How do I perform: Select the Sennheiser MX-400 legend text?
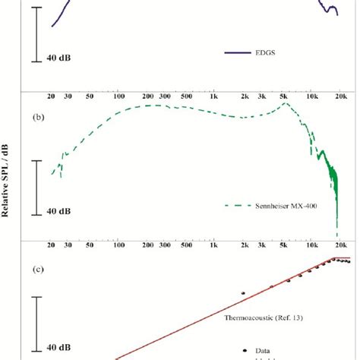[x=266, y=205]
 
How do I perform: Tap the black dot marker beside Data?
[x=244, y=349]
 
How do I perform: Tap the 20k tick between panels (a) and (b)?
[x=341, y=98]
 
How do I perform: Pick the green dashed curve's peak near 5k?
[x=283, y=103]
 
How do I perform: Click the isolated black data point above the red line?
[x=243, y=292]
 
